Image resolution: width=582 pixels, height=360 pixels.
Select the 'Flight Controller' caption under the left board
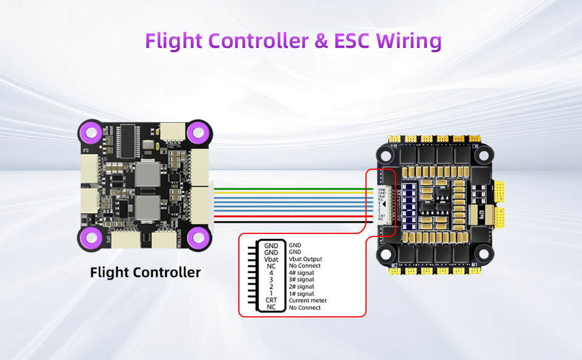145,272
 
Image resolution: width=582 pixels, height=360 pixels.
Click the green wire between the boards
291,189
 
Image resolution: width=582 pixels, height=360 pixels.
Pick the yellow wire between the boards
291,194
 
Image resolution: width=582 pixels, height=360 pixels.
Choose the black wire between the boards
291,223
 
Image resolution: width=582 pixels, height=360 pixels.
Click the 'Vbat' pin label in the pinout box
271,259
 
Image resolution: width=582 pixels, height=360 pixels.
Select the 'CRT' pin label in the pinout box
271,301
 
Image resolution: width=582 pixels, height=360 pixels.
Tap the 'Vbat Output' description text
306,259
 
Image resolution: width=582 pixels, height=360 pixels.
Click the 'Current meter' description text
309,301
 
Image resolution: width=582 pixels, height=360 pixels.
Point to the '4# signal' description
301,273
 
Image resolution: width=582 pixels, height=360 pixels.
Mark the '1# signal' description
301,294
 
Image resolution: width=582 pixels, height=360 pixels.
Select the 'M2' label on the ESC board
395,265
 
